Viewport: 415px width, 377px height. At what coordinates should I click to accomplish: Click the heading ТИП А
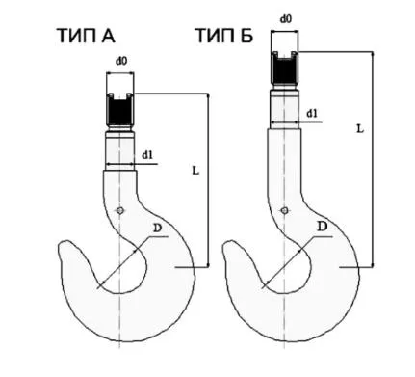[86, 36]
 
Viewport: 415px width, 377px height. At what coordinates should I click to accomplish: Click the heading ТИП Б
[224, 36]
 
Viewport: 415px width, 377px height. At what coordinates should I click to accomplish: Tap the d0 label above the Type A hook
[121, 61]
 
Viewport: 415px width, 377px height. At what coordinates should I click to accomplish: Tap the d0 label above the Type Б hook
[286, 18]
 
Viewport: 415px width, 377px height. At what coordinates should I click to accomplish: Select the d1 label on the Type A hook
[147, 155]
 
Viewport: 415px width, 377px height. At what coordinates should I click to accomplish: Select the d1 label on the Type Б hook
[312, 114]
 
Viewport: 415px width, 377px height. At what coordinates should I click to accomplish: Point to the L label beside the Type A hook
[195, 170]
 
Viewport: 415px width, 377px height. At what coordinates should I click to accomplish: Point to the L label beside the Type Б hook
[360, 129]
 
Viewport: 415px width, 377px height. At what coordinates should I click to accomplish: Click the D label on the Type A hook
[157, 229]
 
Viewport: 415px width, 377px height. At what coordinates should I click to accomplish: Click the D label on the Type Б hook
[323, 227]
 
